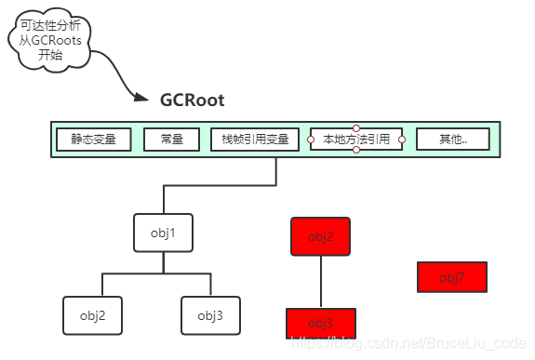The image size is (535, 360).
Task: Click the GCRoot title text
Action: click(x=192, y=100)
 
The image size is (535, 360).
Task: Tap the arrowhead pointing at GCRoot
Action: click(x=140, y=97)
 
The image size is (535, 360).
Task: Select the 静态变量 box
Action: click(x=93, y=140)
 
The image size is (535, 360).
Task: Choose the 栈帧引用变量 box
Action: click(x=256, y=140)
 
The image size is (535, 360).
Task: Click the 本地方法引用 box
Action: click(x=355, y=140)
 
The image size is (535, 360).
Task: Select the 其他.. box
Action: click(x=453, y=140)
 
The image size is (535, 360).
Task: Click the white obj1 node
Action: click(x=163, y=233)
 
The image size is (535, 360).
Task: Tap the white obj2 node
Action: click(x=92, y=315)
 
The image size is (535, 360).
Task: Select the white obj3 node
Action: click(x=210, y=315)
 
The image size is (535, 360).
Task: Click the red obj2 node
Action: click(x=321, y=236)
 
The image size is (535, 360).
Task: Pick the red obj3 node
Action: click(x=320, y=322)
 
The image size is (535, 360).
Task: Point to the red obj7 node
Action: click(x=451, y=277)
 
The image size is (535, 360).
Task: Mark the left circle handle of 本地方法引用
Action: click(x=311, y=140)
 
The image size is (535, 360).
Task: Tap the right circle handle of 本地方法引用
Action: click(x=402, y=140)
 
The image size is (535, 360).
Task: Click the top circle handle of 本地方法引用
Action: click(x=356, y=127)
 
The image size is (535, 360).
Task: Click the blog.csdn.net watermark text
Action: click(x=409, y=343)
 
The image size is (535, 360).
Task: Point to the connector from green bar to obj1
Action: click(x=219, y=185)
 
